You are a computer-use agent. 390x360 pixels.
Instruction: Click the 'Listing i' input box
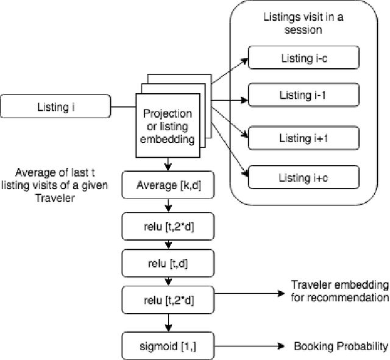click(62, 108)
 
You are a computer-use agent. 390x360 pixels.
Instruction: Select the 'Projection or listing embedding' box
click(167, 125)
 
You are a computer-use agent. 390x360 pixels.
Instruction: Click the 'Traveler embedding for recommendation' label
click(339, 291)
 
